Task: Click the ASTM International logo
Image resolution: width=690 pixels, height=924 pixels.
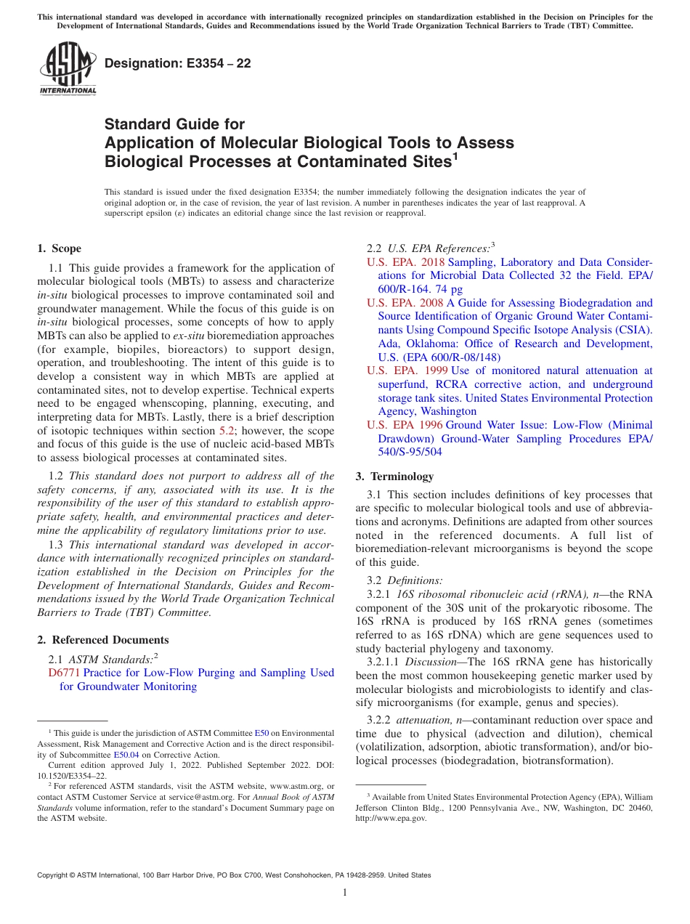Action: tap(68, 69)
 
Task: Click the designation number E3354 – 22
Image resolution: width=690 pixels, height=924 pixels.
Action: tap(178, 63)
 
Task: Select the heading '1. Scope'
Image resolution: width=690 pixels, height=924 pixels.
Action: tap(60, 248)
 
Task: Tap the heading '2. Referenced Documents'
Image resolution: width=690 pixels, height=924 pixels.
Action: tap(103, 640)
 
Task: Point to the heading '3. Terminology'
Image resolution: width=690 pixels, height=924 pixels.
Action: tap(394, 477)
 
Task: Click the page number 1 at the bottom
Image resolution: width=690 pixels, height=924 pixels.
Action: tap(345, 892)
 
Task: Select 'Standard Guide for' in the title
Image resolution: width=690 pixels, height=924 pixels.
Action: tap(175, 124)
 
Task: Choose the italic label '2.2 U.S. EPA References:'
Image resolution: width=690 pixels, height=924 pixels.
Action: tap(431, 248)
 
